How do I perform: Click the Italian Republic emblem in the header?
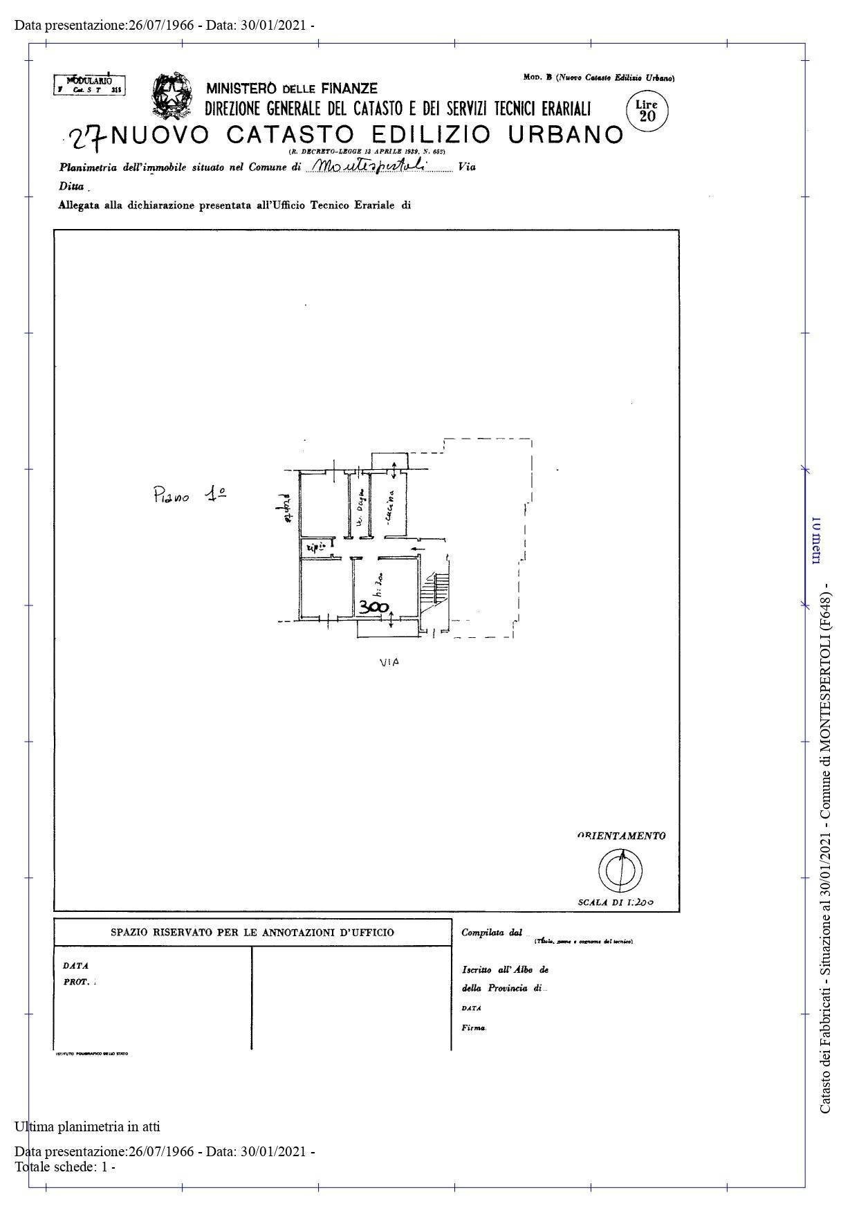(172, 95)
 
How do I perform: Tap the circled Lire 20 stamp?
(647, 111)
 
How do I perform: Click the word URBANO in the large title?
(566, 134)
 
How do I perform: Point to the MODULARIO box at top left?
(89, 84)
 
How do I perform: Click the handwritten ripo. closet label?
(315, 547)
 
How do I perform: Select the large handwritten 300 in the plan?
(373, 607)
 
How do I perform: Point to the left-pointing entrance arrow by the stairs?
(418, 549)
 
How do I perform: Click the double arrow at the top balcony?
(394, 470)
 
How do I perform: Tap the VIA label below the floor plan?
(389, 662)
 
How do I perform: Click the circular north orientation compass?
(620, 870)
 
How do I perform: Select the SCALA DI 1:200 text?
(616, 902)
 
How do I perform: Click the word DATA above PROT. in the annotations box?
(75, 965)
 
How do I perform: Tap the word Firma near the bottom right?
(474, 1027)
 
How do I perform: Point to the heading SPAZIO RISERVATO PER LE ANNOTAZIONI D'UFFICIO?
(252, 932)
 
